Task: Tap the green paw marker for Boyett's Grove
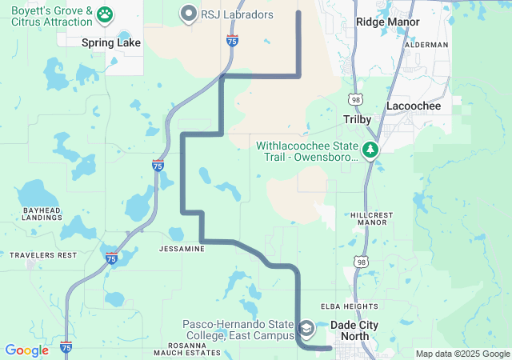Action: (x=105, y=14)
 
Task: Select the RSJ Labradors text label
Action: (x=238, y=14)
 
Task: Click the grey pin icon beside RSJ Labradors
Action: (x=189, y=13)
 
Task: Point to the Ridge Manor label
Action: (x=387, y=22)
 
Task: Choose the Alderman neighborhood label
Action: (x=427, y=45)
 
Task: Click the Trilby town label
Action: (x=358, y=119)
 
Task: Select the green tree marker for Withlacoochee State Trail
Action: (x=370, y=150)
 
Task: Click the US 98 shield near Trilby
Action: (x=354, y=98)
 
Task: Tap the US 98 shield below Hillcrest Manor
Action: (x=363, y=262)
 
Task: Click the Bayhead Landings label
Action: (x=42, y=214)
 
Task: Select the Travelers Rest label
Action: (x=43, y=255)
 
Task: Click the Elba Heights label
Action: (x=349, y=306)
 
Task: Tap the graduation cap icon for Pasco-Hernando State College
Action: (x=306, y=329)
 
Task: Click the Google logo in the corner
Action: (x=26, y=350)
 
